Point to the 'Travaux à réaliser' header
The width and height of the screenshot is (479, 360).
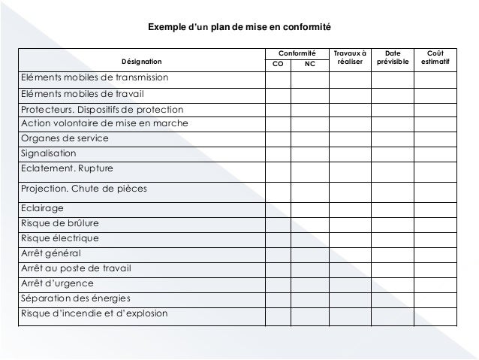[x=350, y=58]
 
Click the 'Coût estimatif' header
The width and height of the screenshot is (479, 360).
[x=435, y=58]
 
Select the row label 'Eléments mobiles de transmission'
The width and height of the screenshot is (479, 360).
[x=94, y=78]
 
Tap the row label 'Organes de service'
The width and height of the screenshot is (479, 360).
[x=65, y=138]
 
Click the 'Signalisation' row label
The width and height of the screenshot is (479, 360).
[x=49, y=153]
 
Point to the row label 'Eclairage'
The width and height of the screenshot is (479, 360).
[x=42, y=208]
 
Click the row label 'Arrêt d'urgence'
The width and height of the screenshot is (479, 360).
[x=58, y=283]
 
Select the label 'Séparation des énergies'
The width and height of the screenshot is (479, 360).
[x=75, y=298]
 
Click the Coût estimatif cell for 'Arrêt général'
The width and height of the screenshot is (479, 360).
[x=435, y=253]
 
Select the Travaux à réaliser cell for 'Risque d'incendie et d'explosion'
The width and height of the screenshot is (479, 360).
[x=350, y=316]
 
